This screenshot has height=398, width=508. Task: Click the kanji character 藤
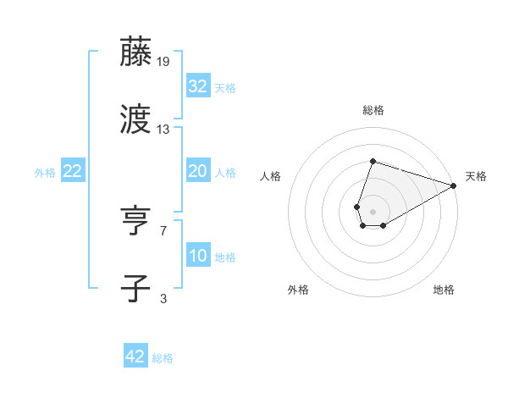[x=137, y=52]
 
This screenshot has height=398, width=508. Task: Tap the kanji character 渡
[x=137, y=119]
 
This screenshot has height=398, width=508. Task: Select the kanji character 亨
[x=137, y=222]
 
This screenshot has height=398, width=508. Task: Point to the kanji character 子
[x=137, y=289]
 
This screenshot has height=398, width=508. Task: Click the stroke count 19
[x=163, y=62]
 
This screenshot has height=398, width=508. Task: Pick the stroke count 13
[x=163, y=130]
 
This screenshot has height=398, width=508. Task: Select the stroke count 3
[x=163, y=299]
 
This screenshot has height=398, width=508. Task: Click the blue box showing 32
[x=197, y=86]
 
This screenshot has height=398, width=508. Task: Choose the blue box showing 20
[x=197, y=171]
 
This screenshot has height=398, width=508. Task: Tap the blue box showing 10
[x=197, y=256]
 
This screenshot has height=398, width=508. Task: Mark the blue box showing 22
[x=72, y=171]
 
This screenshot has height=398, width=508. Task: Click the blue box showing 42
[x=135, y=357]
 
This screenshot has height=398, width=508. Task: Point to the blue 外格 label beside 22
[x=45, y=173]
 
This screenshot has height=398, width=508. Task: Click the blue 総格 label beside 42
[x=163, y=358]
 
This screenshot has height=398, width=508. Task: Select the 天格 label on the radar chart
[x=476, y=176]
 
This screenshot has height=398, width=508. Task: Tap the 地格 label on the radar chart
[x=444, y=290]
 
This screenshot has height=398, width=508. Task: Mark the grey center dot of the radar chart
[x=373, y=210]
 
